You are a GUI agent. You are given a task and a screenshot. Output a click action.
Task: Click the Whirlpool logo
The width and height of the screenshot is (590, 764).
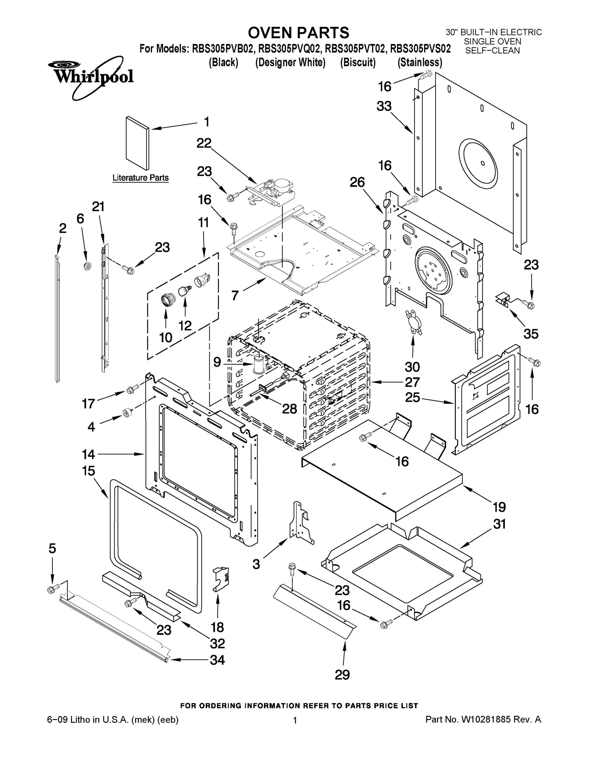tap(90, 76)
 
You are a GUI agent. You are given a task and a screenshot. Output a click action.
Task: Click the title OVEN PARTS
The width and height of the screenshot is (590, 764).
tap(298, 32)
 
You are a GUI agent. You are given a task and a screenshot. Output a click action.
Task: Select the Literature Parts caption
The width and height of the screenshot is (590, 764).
tap(140, 178)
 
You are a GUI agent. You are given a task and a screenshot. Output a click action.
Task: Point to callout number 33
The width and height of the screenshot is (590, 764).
tap(384, 106)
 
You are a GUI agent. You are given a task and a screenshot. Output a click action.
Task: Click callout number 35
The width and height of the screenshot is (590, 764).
tap(531, 334)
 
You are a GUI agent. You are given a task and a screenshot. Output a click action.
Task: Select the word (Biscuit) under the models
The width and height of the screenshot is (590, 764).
tap(357, 63)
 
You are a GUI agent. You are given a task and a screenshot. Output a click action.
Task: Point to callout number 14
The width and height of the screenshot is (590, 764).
tap(88, 454)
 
